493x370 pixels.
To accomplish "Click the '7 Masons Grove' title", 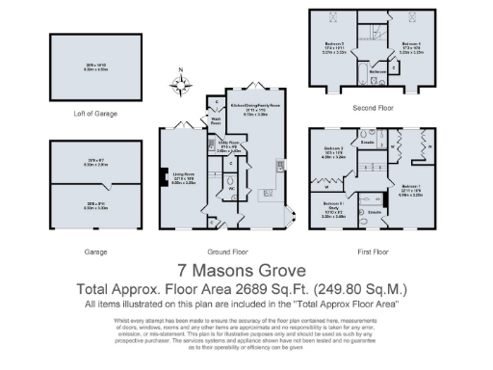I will tap(238, 271).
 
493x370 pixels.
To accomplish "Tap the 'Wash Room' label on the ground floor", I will tap(218, 122).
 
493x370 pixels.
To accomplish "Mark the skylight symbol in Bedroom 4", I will tap(412, 18).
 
